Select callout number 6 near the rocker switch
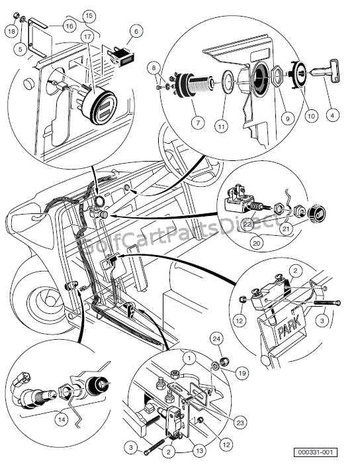point(136,30)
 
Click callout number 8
point(154,67)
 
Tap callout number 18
point(11,31)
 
